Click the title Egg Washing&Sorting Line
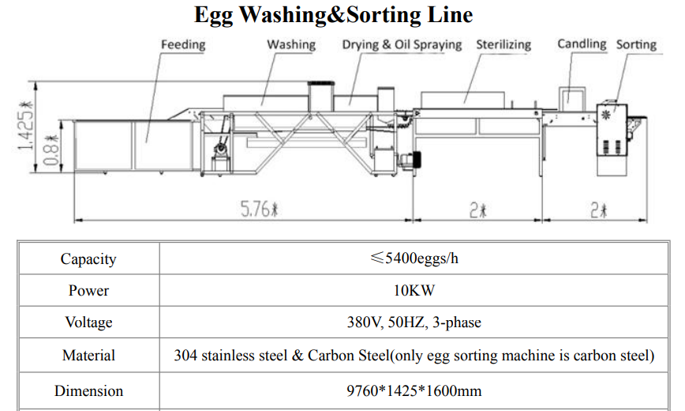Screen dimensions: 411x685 click(x=333, y=15)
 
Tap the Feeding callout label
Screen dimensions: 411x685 click(x=182, y=44)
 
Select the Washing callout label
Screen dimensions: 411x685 click(x=290, y=44)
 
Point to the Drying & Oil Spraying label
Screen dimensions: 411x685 click(x=402, y=44)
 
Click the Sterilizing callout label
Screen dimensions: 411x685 click(x=503, y=44)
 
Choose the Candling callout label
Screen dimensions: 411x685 click(x=582, y=43)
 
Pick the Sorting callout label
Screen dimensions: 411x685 click(x=636, y=44)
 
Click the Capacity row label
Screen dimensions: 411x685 click(x=88, y=259)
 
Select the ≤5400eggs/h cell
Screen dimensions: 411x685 click(x=414, y=258)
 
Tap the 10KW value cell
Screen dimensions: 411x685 click(x=414, y=291)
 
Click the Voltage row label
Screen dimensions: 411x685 click(x=88, y=322)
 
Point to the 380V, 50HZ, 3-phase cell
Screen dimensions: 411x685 click(x=414, y=322)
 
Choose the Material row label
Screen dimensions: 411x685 click(x=88, y=356)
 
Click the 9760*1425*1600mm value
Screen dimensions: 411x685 click(x=414, y=390)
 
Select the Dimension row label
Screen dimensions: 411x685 click(x=88, y=390)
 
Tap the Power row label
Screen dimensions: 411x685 click(x=88, y=291)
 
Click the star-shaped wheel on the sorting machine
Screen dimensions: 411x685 click(x=607, y=115)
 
